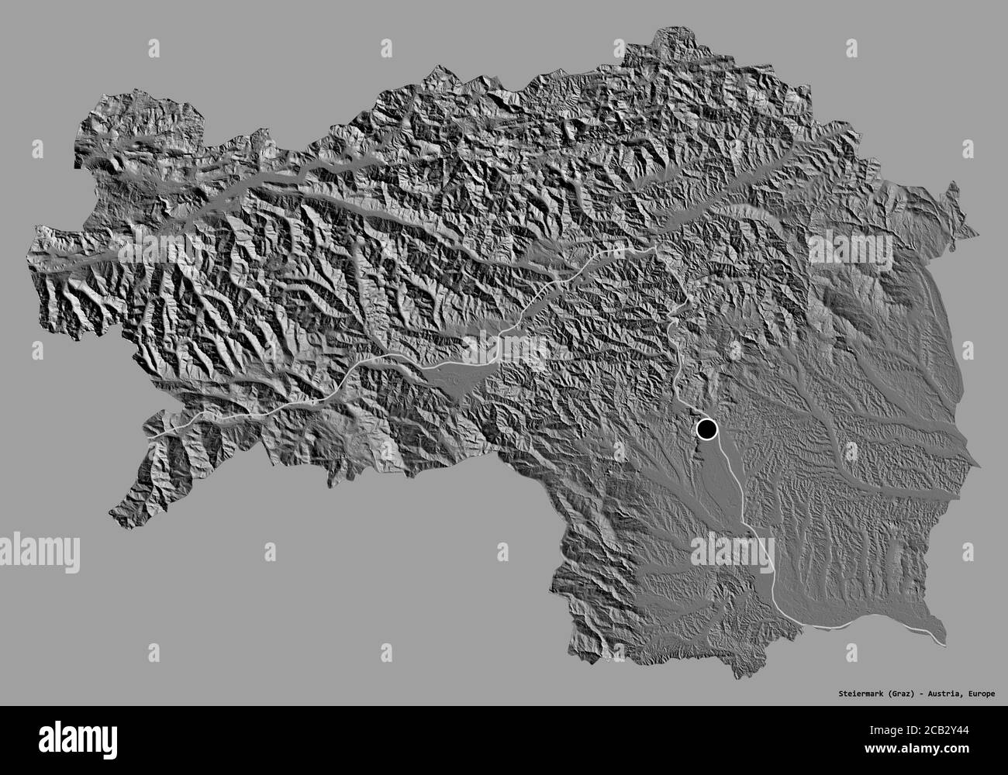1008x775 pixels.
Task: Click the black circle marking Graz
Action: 706,429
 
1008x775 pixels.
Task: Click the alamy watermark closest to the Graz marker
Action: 732,552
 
